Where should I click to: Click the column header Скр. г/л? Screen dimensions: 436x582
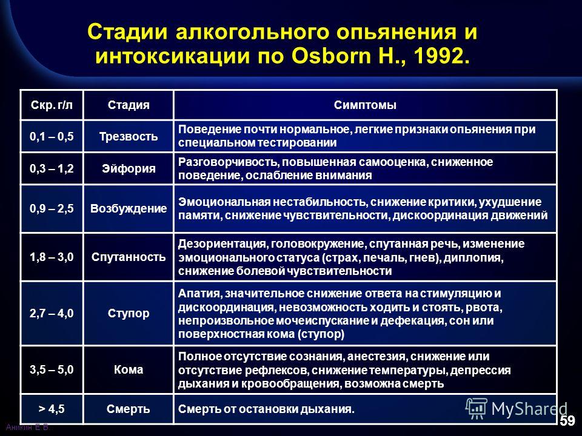coord(52,105)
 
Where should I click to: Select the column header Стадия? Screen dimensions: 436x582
coord(129,105)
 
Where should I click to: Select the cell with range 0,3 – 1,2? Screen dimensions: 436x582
coord(52,168)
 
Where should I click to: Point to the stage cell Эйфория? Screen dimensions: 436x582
coord(129,168)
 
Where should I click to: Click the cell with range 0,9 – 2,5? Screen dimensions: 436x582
coord(52,208)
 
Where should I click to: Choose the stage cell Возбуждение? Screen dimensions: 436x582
coord(129,208)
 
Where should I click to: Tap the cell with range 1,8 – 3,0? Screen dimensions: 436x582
coord(52,257)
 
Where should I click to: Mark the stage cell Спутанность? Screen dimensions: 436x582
coord(129,257)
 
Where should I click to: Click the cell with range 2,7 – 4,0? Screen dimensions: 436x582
coord(52,313)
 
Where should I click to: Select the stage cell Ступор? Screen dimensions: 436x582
coord(129,313)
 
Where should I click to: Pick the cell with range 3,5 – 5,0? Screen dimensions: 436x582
coord(52,369)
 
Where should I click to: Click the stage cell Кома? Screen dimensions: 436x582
coord(129,369)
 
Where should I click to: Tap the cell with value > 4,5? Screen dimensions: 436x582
coord(52,409)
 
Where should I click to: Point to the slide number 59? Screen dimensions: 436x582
coord(567,421)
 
